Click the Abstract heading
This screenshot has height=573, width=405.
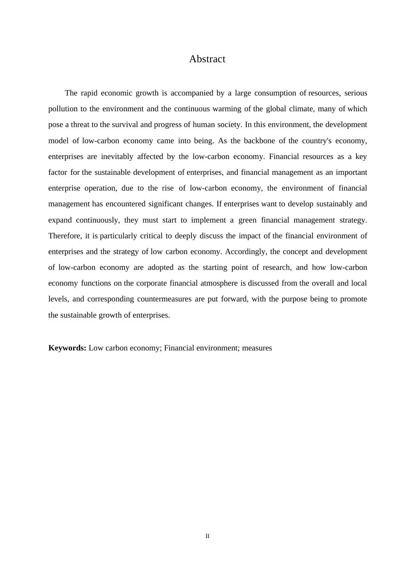pos(207,59)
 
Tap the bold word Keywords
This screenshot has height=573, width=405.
pos(67,348)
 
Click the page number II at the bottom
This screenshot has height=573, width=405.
pos(207,536)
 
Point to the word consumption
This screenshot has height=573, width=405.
pos(275,93)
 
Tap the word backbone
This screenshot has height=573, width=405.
pos(259,141)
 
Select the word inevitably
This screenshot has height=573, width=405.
pos(117,156)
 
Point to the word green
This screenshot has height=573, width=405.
pos(247,220)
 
